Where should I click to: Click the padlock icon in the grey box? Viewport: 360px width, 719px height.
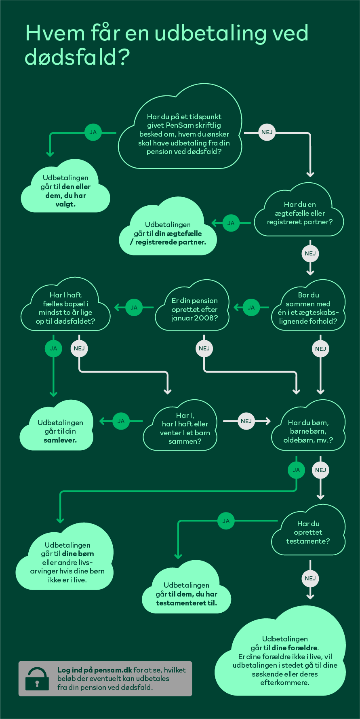tap(37, 679)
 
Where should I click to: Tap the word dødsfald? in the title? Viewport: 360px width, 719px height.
tap(77, 57)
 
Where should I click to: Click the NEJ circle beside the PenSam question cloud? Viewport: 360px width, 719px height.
tap(267, 132)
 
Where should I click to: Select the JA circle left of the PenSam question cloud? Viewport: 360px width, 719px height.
tap(93, 132)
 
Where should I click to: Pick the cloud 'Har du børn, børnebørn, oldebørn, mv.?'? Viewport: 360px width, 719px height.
tap(308, 426)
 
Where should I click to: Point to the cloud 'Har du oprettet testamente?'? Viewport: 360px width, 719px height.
tap(308, 531)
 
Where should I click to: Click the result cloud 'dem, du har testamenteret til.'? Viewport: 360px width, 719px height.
tap(186, 588)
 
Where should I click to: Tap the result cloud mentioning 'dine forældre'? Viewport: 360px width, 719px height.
tap(280, 652)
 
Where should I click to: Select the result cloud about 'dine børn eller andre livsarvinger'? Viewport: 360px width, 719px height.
tap(65, 557)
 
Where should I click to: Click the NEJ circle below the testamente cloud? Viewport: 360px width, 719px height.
tap(310, 578)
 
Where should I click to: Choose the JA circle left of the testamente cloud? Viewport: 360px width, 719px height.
tap(226, 521)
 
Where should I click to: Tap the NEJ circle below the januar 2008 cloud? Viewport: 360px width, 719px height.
tap(204, 348)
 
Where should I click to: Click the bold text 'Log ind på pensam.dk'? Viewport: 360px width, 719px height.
tap(95, 670)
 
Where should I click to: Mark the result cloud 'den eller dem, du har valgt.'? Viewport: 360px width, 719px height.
tap(65, 187)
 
